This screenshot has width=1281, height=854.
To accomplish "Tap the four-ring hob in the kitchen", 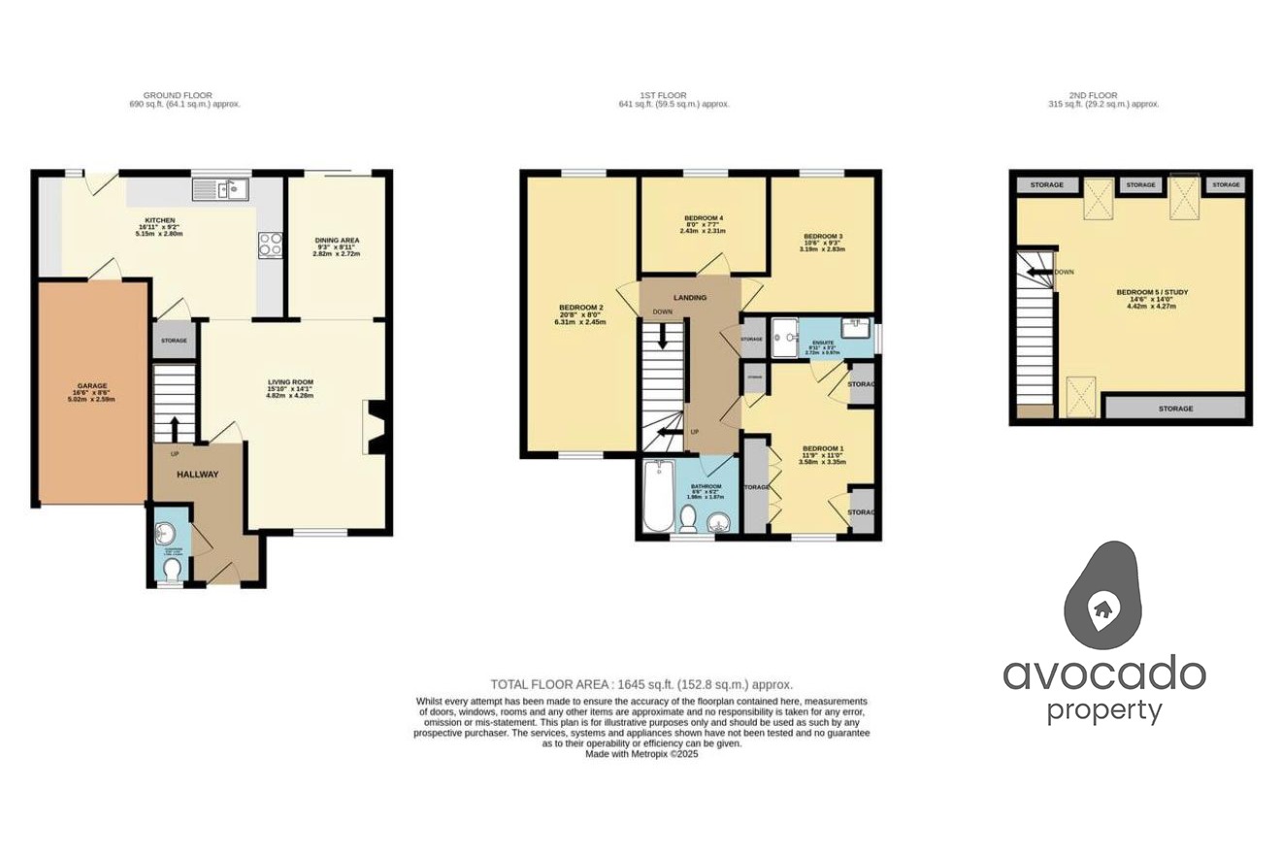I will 270,245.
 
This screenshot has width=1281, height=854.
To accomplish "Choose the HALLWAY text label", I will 197,475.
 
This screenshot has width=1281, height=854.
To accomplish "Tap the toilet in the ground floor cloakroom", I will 172,567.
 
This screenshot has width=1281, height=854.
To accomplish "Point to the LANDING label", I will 691,297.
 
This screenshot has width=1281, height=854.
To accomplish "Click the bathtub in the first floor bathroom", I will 658,496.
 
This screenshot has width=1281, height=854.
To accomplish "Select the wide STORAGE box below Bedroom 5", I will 1175,409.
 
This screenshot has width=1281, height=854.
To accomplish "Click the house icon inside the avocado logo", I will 1101,608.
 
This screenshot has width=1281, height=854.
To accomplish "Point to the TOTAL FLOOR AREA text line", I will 641,683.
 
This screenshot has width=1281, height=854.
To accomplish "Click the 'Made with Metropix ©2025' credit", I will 641,753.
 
